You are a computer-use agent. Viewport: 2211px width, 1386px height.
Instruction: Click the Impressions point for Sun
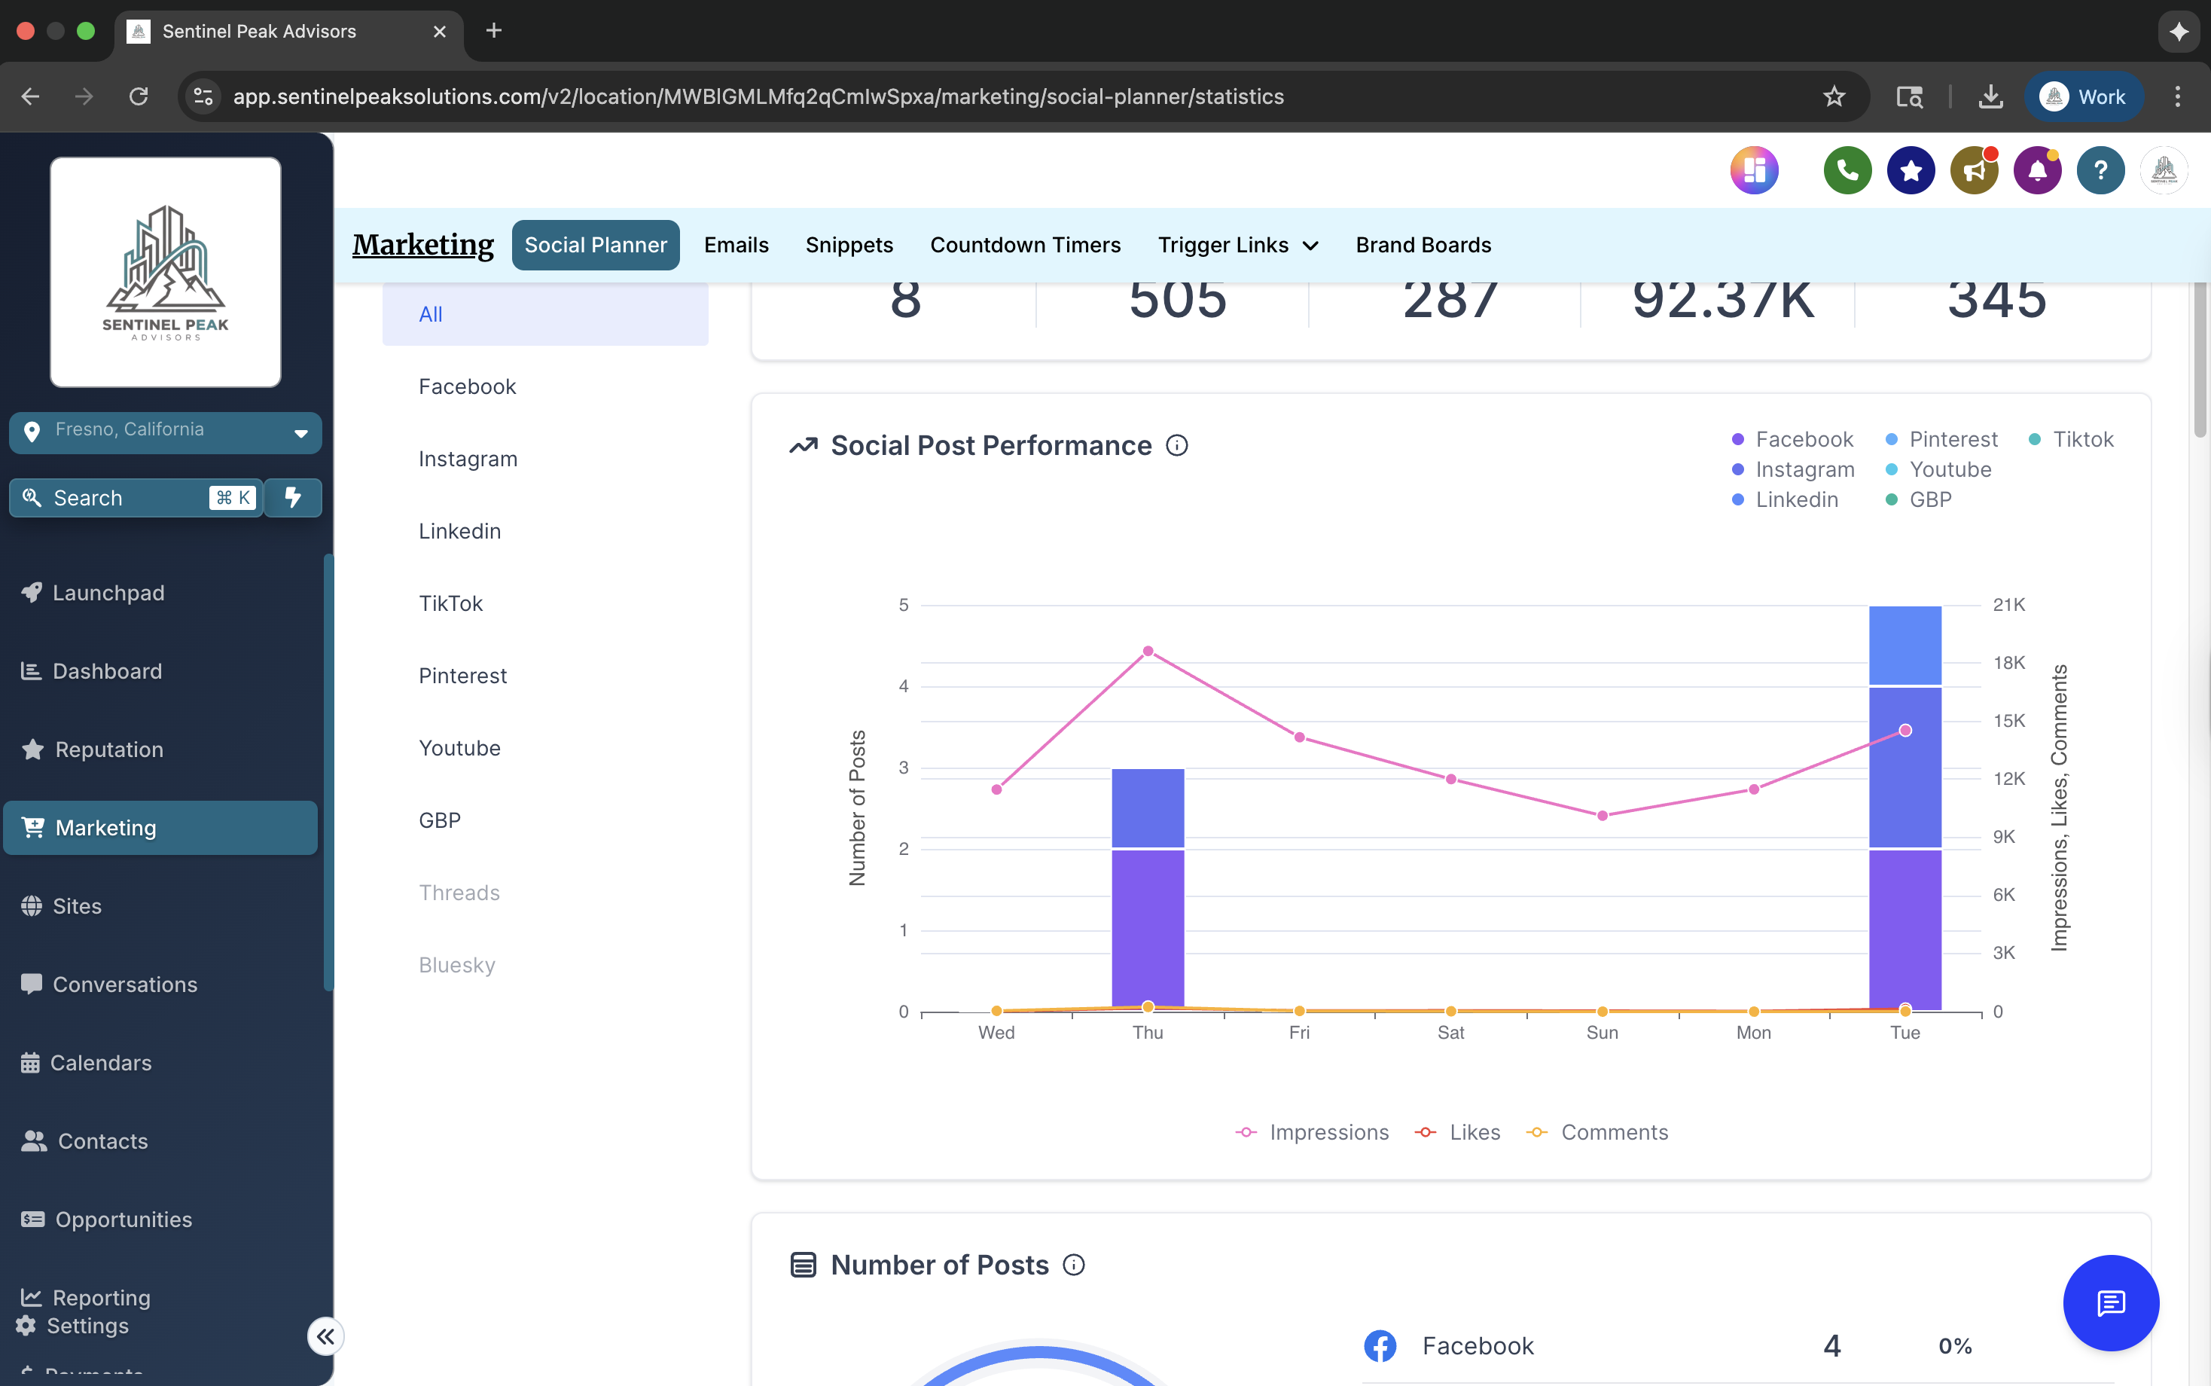coord(1602,815)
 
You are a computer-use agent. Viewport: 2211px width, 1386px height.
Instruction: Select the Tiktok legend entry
coord(2081,439)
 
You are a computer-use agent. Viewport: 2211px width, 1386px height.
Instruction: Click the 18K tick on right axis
coord(2008,663)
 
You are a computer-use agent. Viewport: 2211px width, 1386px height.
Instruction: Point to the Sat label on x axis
coord(1450,1032)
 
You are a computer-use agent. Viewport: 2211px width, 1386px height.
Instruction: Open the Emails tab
coord(736,245)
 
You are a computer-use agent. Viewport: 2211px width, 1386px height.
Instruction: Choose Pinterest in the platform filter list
coord(462,676)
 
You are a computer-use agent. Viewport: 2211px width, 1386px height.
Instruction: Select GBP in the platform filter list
coord(440,820)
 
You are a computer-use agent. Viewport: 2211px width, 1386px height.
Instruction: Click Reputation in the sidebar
coord(108,749)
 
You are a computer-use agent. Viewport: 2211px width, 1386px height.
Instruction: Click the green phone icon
coord(1847,170)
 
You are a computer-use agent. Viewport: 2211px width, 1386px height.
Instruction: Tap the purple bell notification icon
coord(2036,170)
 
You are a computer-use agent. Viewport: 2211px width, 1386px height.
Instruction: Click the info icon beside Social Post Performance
coord(1176,445)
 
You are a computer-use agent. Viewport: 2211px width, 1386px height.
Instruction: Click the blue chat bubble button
coord(2109,1302)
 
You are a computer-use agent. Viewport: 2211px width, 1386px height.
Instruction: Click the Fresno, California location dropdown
coord(165,432)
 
